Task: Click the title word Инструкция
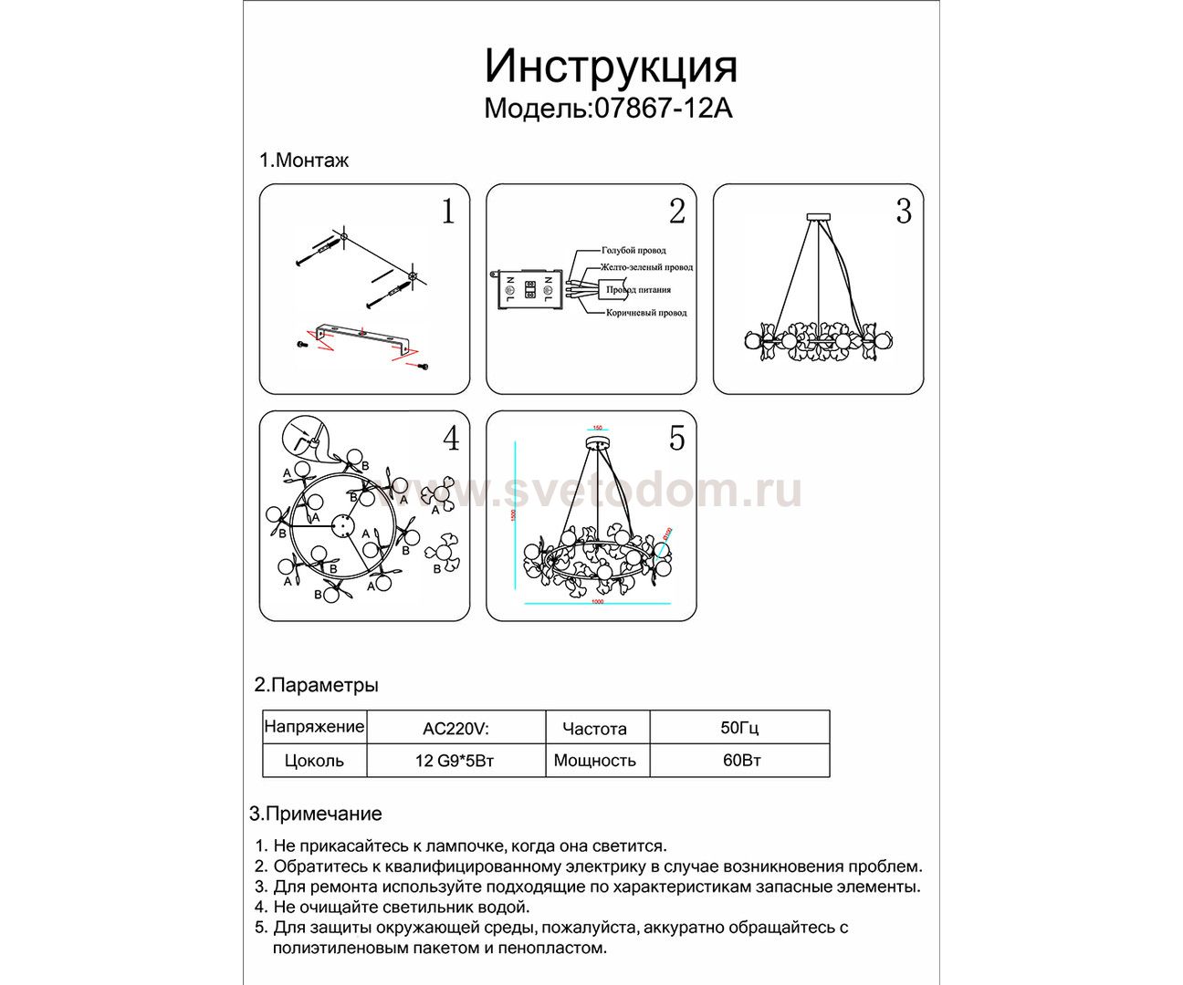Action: coord(610,67)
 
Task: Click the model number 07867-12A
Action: coord(663,109)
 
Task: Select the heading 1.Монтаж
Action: coord(304,161)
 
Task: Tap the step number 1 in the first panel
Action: coord(447,212)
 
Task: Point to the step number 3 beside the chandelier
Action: coord(903,212)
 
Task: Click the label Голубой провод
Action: coord(633,250)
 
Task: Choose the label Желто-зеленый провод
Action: coord(646,267)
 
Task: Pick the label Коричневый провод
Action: coord(646,313)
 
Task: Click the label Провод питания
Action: coord(639,290)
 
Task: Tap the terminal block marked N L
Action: coord(529,289)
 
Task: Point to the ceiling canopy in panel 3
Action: coord(818,217)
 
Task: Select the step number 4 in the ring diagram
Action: coord(451,439)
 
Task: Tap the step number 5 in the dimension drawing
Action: coord(676,439)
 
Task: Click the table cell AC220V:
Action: coord(455,729)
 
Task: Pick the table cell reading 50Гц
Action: coord(739,728)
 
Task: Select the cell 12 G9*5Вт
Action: coord(455,761)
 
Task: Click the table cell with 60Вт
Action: coord(741,761)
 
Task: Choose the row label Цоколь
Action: coord(314,761)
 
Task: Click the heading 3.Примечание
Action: coord(316,814)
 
